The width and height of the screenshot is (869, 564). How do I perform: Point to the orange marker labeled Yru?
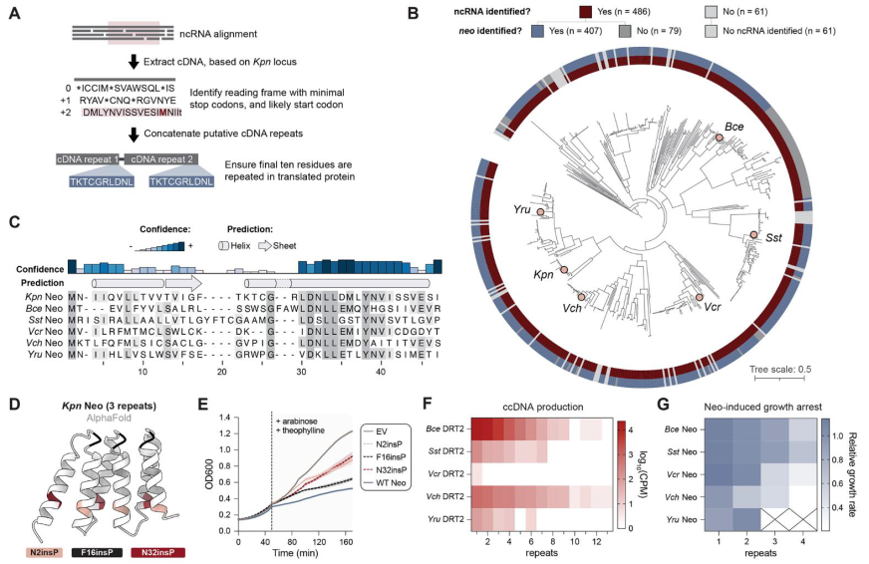[539, 212]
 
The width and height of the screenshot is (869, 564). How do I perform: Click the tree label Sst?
[773, 241]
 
